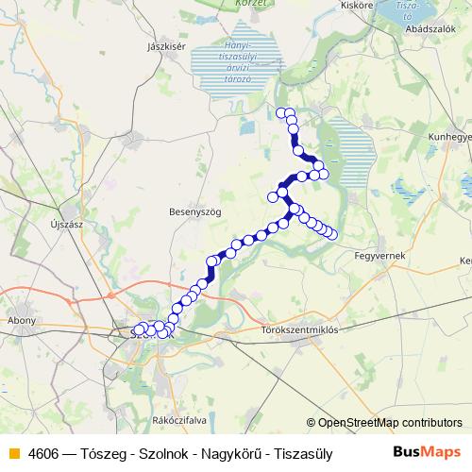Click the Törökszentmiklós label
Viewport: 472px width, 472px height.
click(x=298, y=330)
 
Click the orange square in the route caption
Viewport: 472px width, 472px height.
click(x=13, y=452)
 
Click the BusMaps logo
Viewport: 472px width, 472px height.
click(x=427, y=452)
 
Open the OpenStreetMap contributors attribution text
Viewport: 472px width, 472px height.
click(x=390, y=423)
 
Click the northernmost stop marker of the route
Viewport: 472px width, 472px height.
click(x=280, y=113)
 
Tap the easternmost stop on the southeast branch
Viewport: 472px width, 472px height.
click(x=332, y=234)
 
